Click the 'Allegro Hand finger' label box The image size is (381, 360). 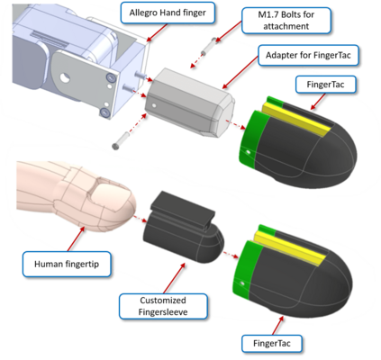[x=168, y=13]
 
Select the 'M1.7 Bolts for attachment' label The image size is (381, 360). [x=286, y=21]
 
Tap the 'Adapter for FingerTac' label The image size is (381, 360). [x=308, y=55]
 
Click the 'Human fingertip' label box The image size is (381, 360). [x=67, y=264]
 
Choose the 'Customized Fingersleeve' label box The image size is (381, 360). [x=163, y=306]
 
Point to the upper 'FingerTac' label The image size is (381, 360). [x=326, y=85]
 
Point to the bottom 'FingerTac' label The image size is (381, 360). [x=272, y=343]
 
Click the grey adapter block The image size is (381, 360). [x=189, y=103]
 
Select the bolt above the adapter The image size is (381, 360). [x=209, y=47]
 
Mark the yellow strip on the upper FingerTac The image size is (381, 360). [x=295, y=120]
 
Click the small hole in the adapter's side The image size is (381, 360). [x=154, y=105]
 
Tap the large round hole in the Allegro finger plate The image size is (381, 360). [x=65, y=78]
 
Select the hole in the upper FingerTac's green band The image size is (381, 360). [x=249, y=152]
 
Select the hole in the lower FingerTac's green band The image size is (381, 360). [x=243, y=283]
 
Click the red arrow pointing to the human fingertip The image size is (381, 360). [x=76, y=238]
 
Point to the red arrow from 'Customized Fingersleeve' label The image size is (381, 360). [x=174, y=278]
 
